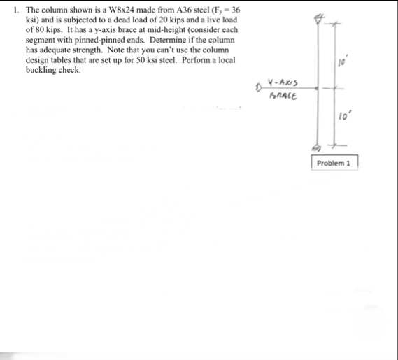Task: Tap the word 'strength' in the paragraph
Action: point(83,50)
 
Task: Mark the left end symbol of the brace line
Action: point(259,89)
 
